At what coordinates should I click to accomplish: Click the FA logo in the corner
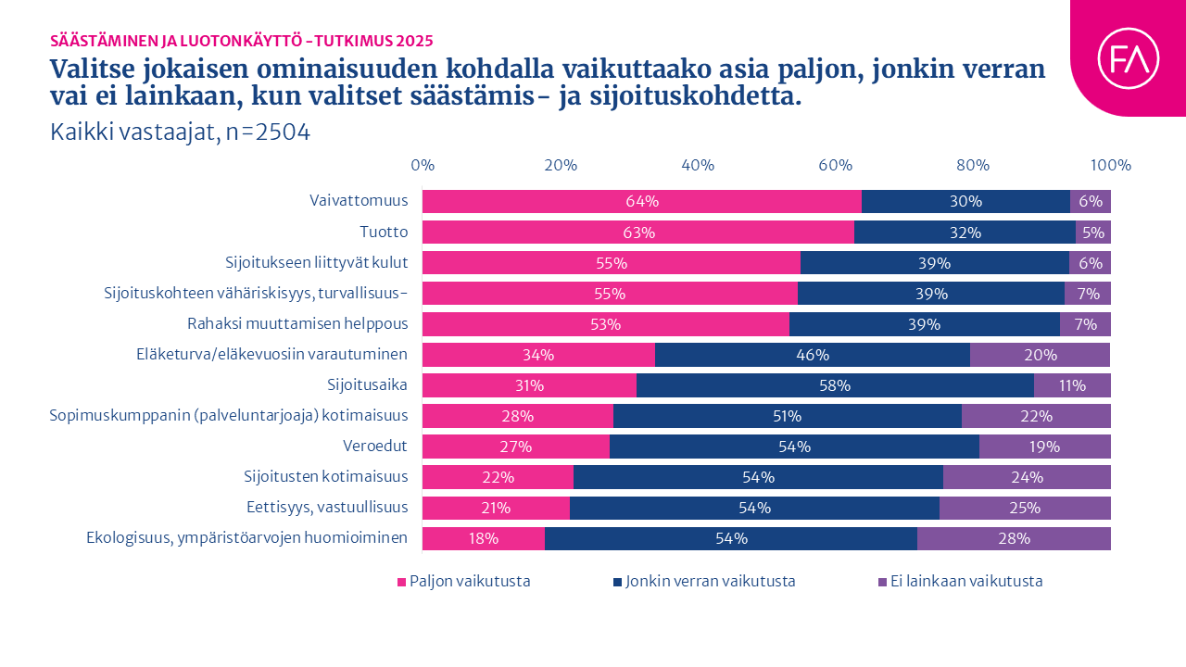pos(1128,58)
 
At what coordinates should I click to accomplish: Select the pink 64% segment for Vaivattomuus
pos(641,201)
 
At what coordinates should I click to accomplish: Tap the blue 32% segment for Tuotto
pos(965,232)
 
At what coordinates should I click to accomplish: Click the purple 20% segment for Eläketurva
pos(1040,355)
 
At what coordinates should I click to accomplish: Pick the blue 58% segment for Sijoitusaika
pos(835,385)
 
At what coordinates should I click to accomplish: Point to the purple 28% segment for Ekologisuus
pos(1014,538)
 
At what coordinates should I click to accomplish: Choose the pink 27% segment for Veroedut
pos(516,447)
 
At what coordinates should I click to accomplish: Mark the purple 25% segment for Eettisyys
pos(1025,508)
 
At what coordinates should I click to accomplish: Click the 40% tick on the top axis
pos(698,166)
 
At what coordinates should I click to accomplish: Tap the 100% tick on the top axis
pos(1110,166)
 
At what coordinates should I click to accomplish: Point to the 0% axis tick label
pos(423,166)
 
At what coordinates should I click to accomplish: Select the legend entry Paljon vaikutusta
pos(464,582)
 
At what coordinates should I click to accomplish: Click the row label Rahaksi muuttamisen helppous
pos(297,324)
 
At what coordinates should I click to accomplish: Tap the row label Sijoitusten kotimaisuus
pos(326,477)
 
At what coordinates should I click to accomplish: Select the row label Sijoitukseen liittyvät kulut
pos(317,263)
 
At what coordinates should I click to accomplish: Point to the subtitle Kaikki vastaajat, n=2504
pos(180,132)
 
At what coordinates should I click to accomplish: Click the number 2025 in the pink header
pos(414,41)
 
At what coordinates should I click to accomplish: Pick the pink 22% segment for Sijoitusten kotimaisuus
pos(498,477)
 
